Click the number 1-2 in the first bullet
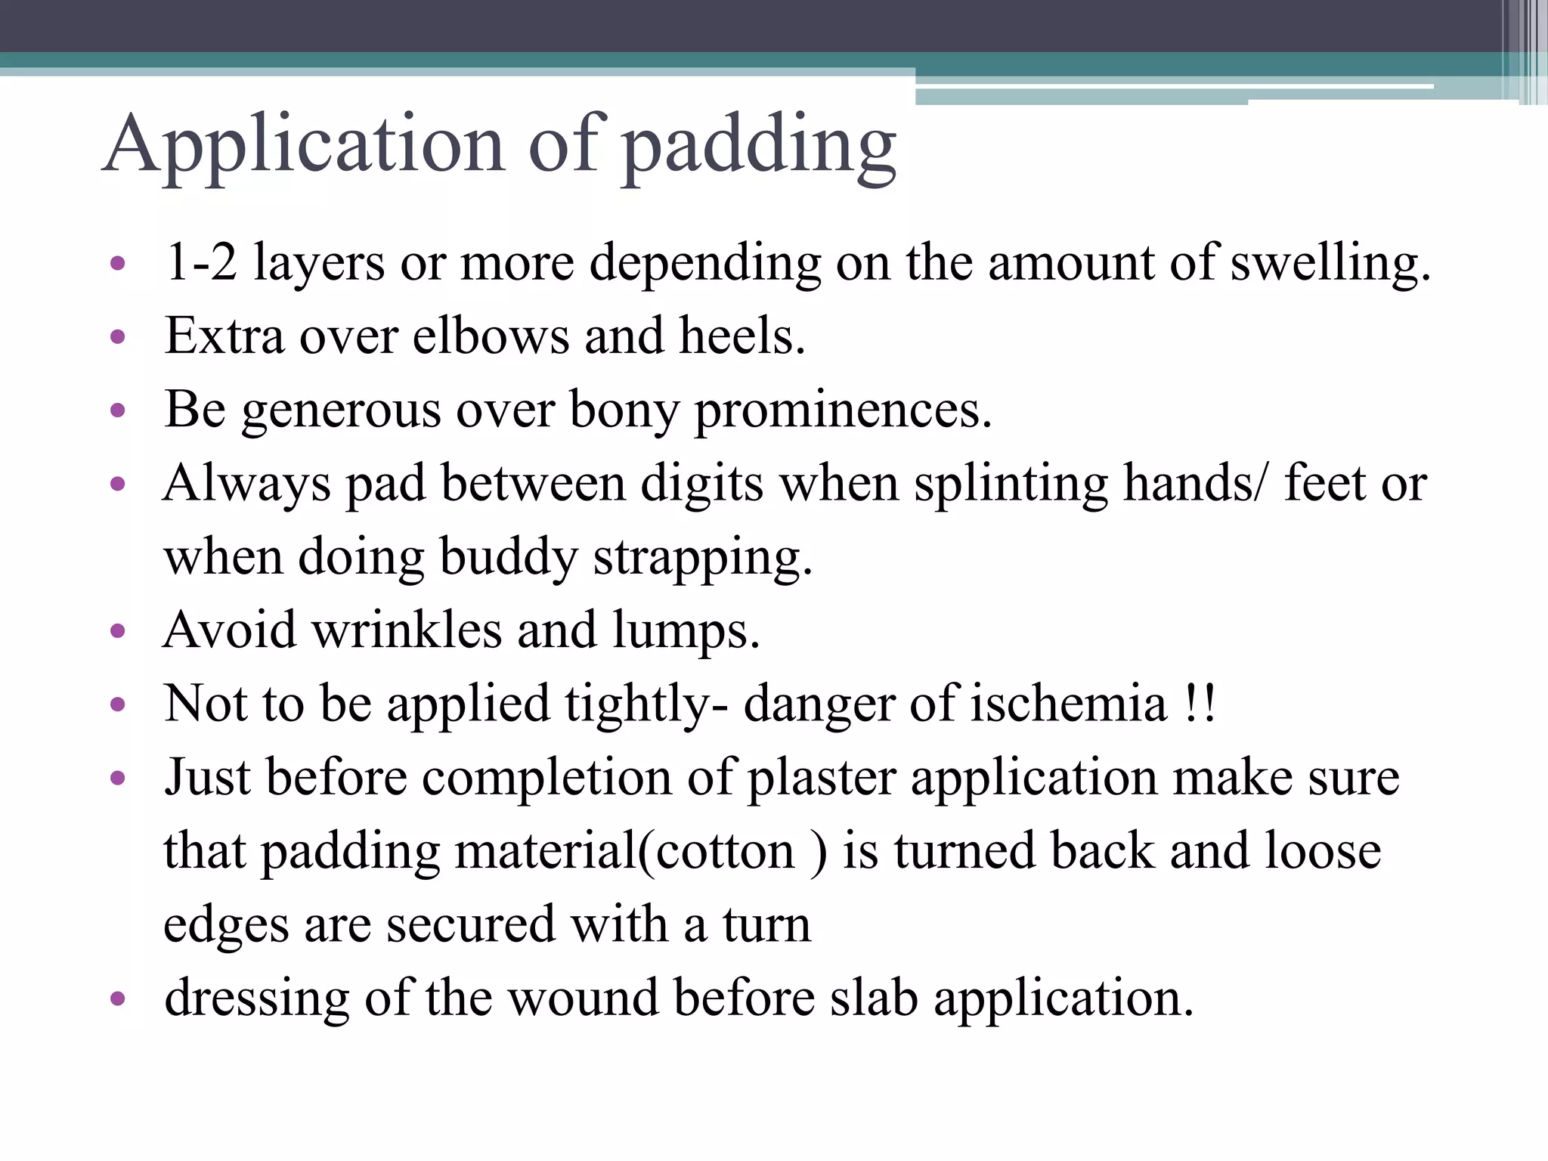click(x=201, y=262)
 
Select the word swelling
click(x=1330, y=264)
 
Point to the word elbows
click(x=491, y=336)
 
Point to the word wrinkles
click(x=407, y=630)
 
